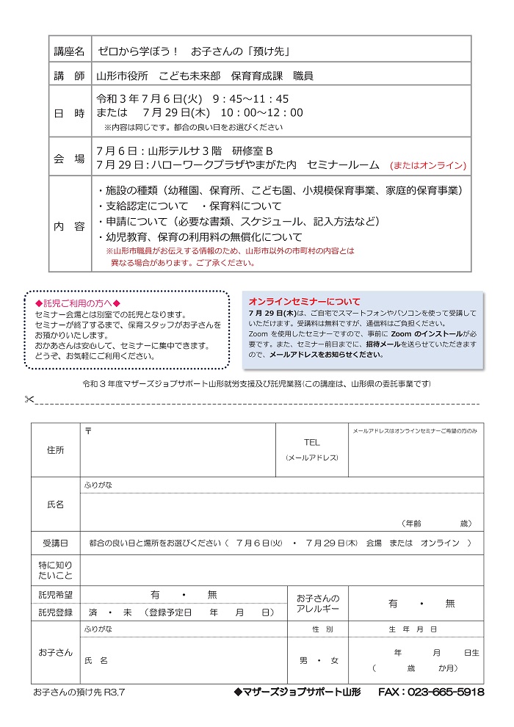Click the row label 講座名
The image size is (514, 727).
coord(70,52)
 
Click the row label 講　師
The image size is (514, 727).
coord(70,76)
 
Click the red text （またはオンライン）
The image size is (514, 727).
coord(428,165)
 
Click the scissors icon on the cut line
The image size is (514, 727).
coord(29,399)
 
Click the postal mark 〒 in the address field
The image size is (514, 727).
coord(88,430)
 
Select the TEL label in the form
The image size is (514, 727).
coord(312,443)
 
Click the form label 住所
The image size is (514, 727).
coord(55,449)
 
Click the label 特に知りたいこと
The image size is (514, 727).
coord(55,570)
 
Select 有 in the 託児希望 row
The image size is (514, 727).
coord(155,595)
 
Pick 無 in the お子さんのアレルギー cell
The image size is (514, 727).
coord(449,604)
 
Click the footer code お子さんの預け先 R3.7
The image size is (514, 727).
coord(79,692)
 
